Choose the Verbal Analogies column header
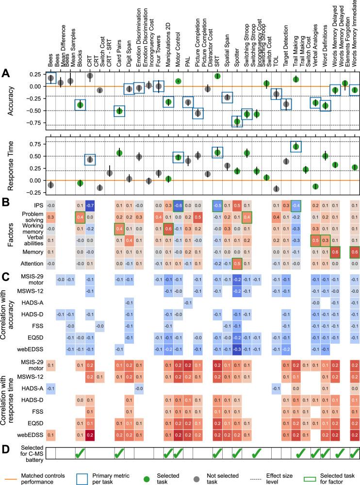click(x=315, y=49)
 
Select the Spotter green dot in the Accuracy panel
click(x=237, y=121)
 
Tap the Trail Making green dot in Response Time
click(x=296, y=147)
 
